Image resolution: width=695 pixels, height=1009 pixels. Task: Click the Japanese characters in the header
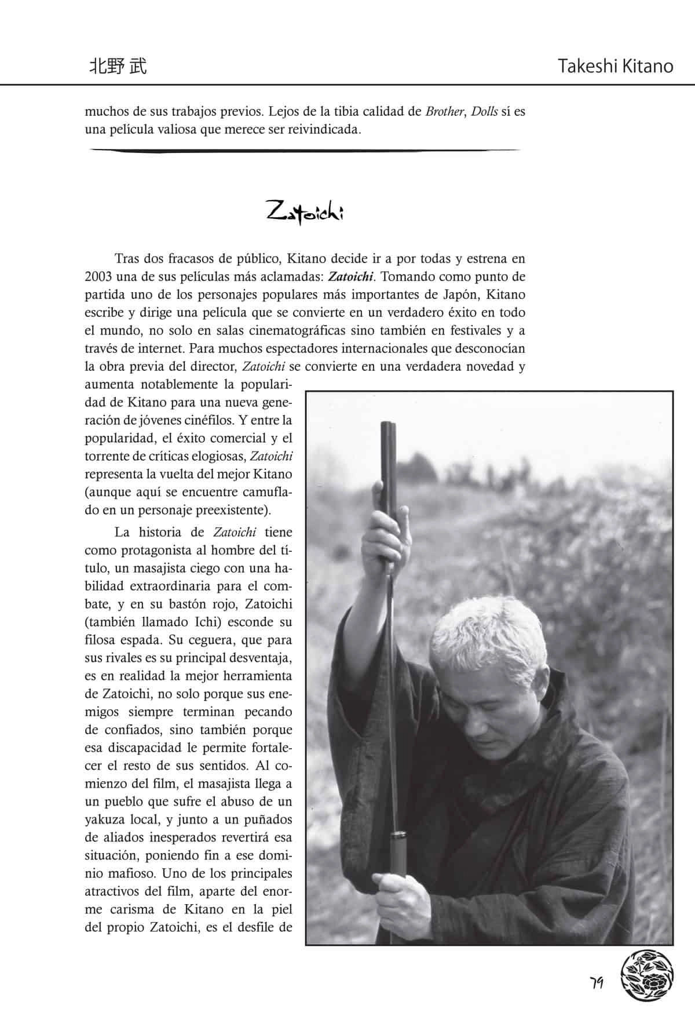tap(118, 66)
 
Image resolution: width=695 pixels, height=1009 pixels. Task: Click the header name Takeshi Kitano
tap(616, 66)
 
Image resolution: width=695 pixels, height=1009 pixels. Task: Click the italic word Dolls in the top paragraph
tap(484, 111)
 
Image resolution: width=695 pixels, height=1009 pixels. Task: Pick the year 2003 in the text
tap(100, 276)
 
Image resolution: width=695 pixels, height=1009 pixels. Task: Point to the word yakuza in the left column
tap(107, 819)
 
